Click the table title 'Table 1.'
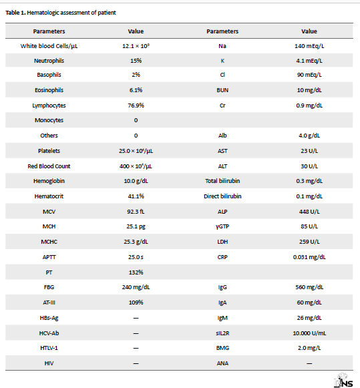click(x=15, y=13)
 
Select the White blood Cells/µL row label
click(x=49, y=46)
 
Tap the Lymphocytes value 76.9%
click(x=136, y=106)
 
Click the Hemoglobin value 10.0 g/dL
click(x=136, y=181)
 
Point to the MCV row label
click(x=49, y=212)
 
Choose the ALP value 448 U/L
click(x=309, y=212)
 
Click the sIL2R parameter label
click(x=222, y=333)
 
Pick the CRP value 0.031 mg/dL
click(x=309, y=257)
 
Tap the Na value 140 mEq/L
click(x=309, y=46)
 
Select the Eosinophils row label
click(x=49, y=90)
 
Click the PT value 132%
click(x=136, y=272)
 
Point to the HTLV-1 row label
click(x=49, y=348)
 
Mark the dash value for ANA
click(x=309, y=363)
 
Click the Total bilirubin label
click(x=222, y=181)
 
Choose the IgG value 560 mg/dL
click(x=309, y=287)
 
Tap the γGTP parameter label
click(x=222, y=226)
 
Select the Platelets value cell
click(x=136, y=151)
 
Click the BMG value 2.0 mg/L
click(x=309, y=348)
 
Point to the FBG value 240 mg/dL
click(x=136, y=287)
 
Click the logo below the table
click(x=343, y=381)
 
